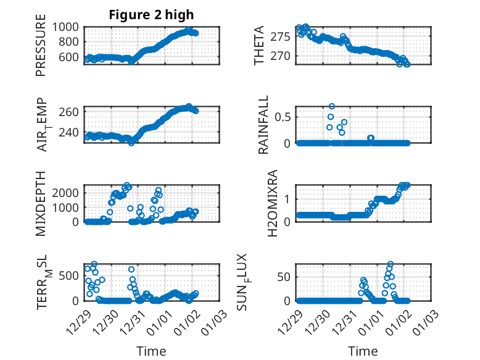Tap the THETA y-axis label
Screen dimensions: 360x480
(260, 46)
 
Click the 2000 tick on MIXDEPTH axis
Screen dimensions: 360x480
(67, 193)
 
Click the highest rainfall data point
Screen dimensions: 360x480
(332, 107)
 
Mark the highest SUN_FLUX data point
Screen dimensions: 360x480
(391, 264)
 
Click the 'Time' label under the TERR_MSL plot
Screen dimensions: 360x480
(151, 351)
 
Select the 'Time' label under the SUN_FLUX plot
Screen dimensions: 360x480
(363, 351)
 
